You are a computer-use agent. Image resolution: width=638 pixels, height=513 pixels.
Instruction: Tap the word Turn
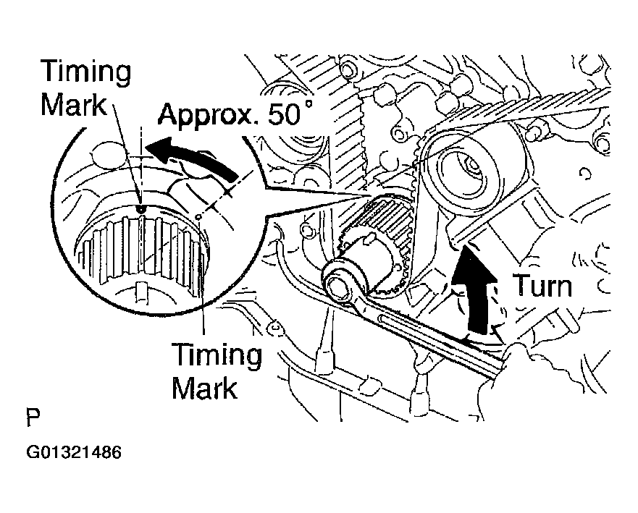(542, 286)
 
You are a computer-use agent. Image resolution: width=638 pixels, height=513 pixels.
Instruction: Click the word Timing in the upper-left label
(86, 72)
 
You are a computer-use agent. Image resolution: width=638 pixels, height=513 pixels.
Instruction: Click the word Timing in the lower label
(216, 355)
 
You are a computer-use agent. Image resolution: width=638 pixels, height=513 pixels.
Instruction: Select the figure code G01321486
(74, 454)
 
